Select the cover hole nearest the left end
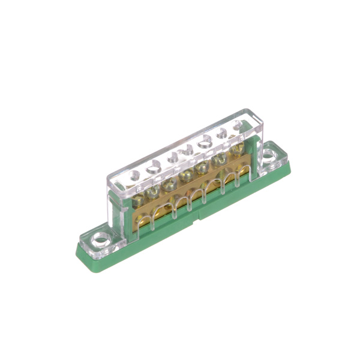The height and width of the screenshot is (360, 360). pyautogui.click(x=134, y=175)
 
